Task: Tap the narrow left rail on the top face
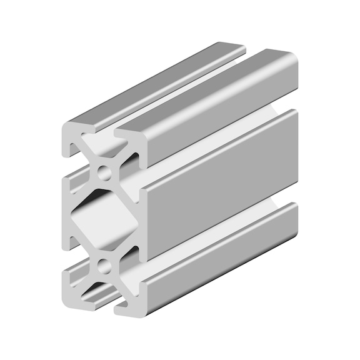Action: click(156, 81)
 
